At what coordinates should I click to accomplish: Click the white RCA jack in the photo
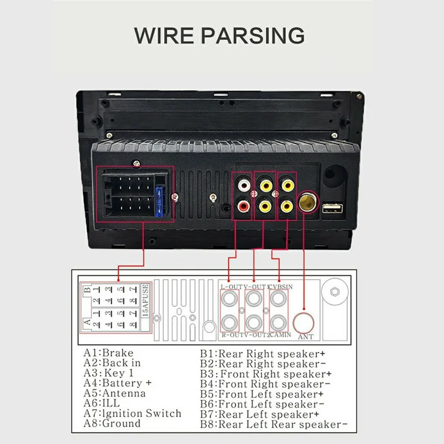click(x=243, y=182)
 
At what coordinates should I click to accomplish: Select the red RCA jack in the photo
click(x=243, y=206)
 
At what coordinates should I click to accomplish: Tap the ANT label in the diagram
click(x=305, y=336)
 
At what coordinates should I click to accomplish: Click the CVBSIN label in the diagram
click(x=281, y=286)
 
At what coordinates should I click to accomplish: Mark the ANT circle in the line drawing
click(x=305, y=322)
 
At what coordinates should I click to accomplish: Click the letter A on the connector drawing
click(x=86, y=321)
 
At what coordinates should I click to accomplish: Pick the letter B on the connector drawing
click(x=86, y=289)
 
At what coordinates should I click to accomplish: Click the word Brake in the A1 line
click(x=118, y=353)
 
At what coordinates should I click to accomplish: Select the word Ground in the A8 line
click(x=122, y=423)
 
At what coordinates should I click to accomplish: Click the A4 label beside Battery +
click(x=92, y=383)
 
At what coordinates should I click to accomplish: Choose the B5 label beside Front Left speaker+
click(x=208, y=393)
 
